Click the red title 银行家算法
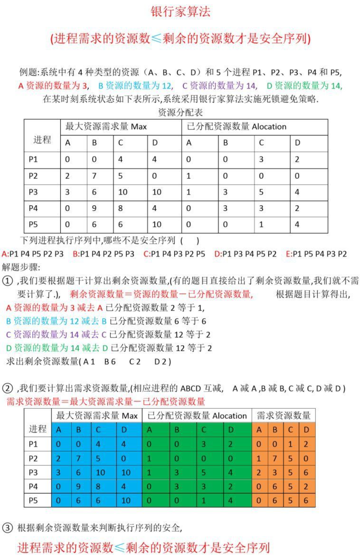(180, 12)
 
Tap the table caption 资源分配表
(180, 112)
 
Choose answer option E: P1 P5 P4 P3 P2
(316, 254)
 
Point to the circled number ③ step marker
(8, 527)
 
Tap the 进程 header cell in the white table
(42, 140)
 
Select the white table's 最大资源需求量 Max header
(106, 126)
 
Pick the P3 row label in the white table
(33, 192)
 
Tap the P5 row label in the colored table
(33, 500)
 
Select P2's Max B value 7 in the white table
(95, 176)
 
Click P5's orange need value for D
(306, 501)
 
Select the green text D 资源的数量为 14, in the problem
(304, 86)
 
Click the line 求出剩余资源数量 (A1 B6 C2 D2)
(89, 361)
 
